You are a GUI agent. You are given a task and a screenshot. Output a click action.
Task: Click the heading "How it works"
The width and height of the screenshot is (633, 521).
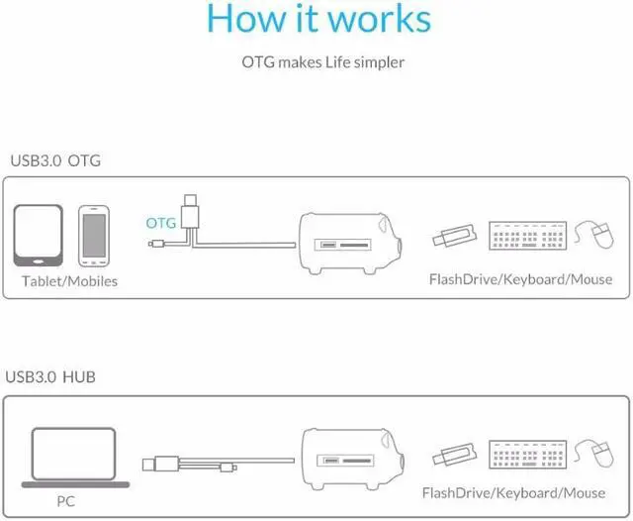pos(319,20)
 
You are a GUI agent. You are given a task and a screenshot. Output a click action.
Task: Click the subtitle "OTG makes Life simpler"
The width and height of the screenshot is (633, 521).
pos(322,62)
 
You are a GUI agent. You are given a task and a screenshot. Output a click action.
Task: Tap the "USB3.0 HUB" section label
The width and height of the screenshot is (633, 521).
pos(50,376)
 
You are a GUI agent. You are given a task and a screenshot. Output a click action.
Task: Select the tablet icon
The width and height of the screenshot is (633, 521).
pos(39,235)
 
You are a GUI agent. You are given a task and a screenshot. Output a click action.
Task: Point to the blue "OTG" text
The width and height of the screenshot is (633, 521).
pos(160,223)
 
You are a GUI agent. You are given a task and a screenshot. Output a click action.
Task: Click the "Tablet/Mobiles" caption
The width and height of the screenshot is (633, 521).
pos(69,281)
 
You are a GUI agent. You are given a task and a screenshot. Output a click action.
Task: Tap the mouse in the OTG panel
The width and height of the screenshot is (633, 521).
pos(595,236)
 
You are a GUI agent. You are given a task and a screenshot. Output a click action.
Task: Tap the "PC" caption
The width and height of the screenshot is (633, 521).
pos(66,500)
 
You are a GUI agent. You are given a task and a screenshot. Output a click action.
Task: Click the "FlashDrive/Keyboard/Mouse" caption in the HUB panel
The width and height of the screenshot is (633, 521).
pos(513,492)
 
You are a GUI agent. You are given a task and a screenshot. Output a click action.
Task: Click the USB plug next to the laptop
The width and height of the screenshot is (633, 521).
pos(160,462)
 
